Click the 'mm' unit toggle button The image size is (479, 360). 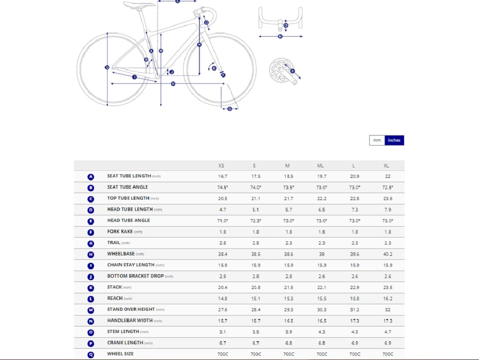pyautogui.click(x=377, y=140)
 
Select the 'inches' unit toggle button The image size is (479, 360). pyautogui.click(x=394, y=140)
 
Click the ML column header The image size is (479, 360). pyautogui.click(x=320, y=166)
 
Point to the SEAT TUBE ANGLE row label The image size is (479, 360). pyautogui.click(x=128, y=187)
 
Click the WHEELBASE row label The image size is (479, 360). pyautogui.click(x=121, y=254)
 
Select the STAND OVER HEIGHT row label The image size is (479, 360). pyautogui.click(x=131, y=309)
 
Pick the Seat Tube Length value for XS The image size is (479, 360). pyautogui.click(x=222, y=177)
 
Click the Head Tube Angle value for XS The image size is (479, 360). pyautogui.click(x=222, y=221)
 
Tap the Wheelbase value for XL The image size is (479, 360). pyautogui.click(x=388, y=254)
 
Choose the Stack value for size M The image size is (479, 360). pyautogui.click(x=289, y=287)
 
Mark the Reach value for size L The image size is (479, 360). pyautogui.click(x=355, y=299)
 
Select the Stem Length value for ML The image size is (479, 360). pyautogui.click(x=321, y=332)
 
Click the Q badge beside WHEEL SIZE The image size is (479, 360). pyautogui.click(x=91, y=354)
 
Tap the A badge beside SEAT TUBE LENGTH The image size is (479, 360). pyautogui.click(x=91, y=177)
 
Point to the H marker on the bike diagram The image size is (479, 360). pyautogui.click(x=173, y=84)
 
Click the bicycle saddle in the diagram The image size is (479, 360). pyautogui.click(x=138, y=5)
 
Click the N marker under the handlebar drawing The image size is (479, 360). pyautogui.click(x=280, y=37)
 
